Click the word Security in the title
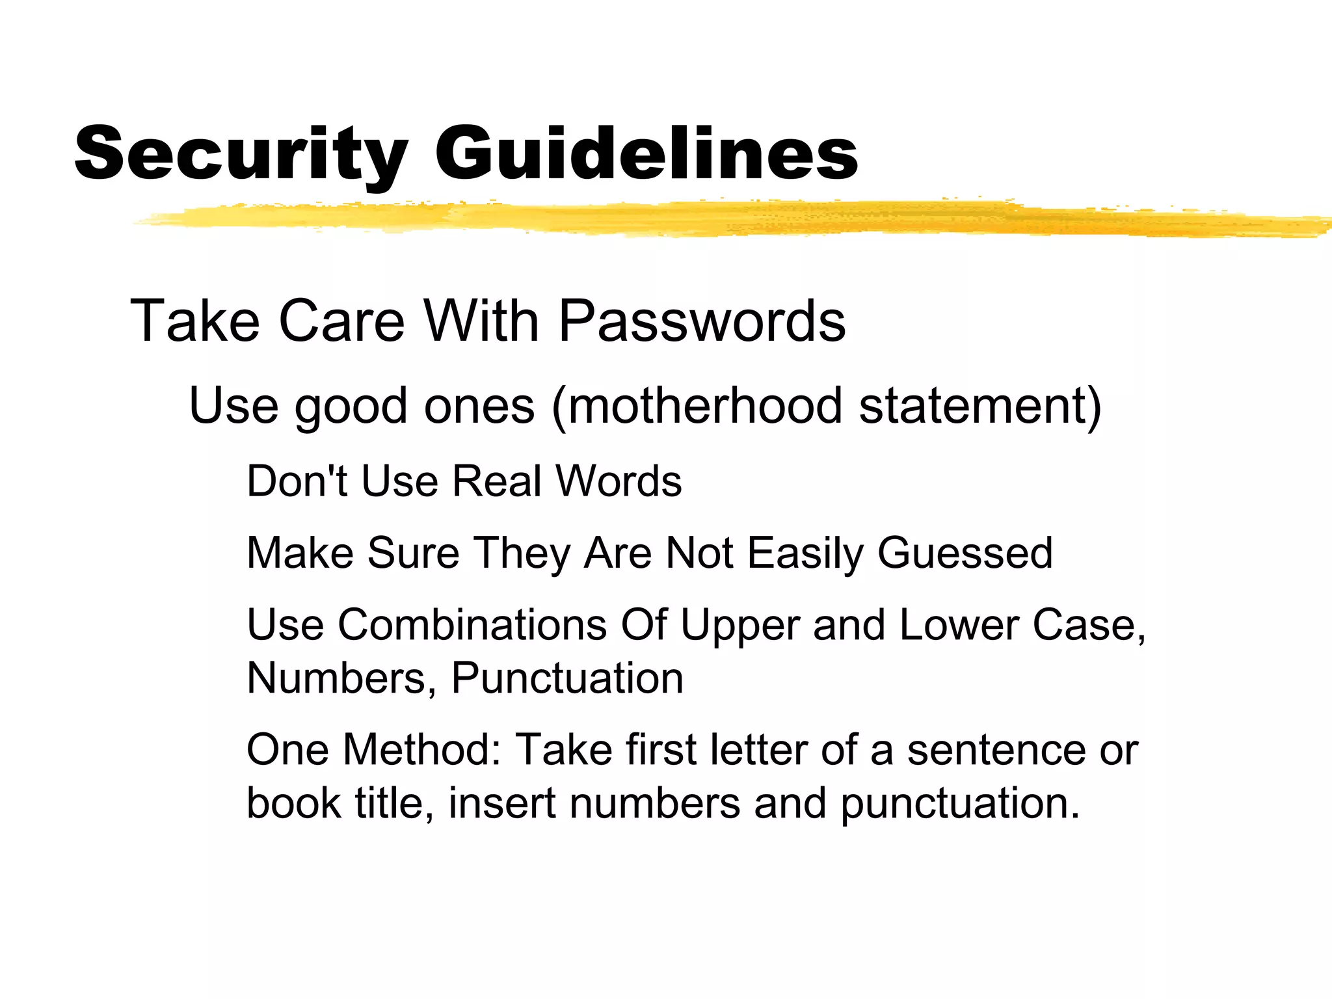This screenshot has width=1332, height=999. pos(241,153)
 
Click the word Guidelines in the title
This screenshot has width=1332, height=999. pos(646,153)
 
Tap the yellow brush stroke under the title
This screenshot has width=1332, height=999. pos(715,218)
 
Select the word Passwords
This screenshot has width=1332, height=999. pos(702,321)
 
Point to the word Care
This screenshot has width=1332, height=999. pos(341,321)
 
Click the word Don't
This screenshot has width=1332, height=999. pos(297,481)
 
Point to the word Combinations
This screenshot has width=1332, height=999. pos(472,625)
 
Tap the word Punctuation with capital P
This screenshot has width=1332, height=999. pos(567,679)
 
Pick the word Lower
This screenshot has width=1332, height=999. pos(959,625)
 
